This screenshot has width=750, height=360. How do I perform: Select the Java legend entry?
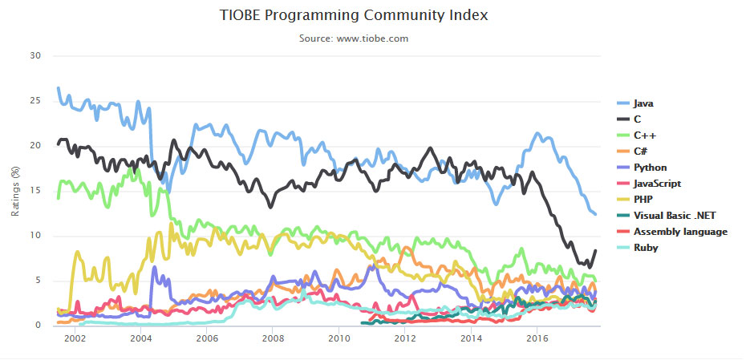pos(644,103)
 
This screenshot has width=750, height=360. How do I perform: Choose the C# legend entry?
pos(641,152)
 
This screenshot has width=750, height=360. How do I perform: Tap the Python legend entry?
pos(650,168)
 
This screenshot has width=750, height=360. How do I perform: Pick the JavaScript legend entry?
pos(657,184)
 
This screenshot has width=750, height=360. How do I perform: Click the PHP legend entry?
pos(643,200)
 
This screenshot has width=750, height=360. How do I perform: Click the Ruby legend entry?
pos(646,248)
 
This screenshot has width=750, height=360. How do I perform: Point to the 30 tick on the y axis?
pos(34,56)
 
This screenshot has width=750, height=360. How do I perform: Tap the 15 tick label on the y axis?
pos(34,191)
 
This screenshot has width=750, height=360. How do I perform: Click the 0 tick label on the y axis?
pos(37,326)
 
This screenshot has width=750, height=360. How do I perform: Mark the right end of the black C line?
pos(595,251)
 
